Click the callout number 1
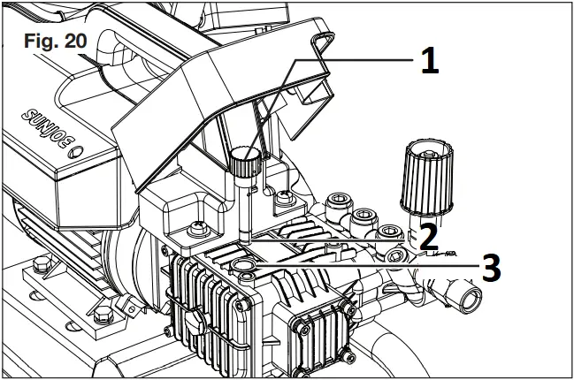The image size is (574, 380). (x=427, y=60)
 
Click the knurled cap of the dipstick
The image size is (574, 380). (x=241, y=163)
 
